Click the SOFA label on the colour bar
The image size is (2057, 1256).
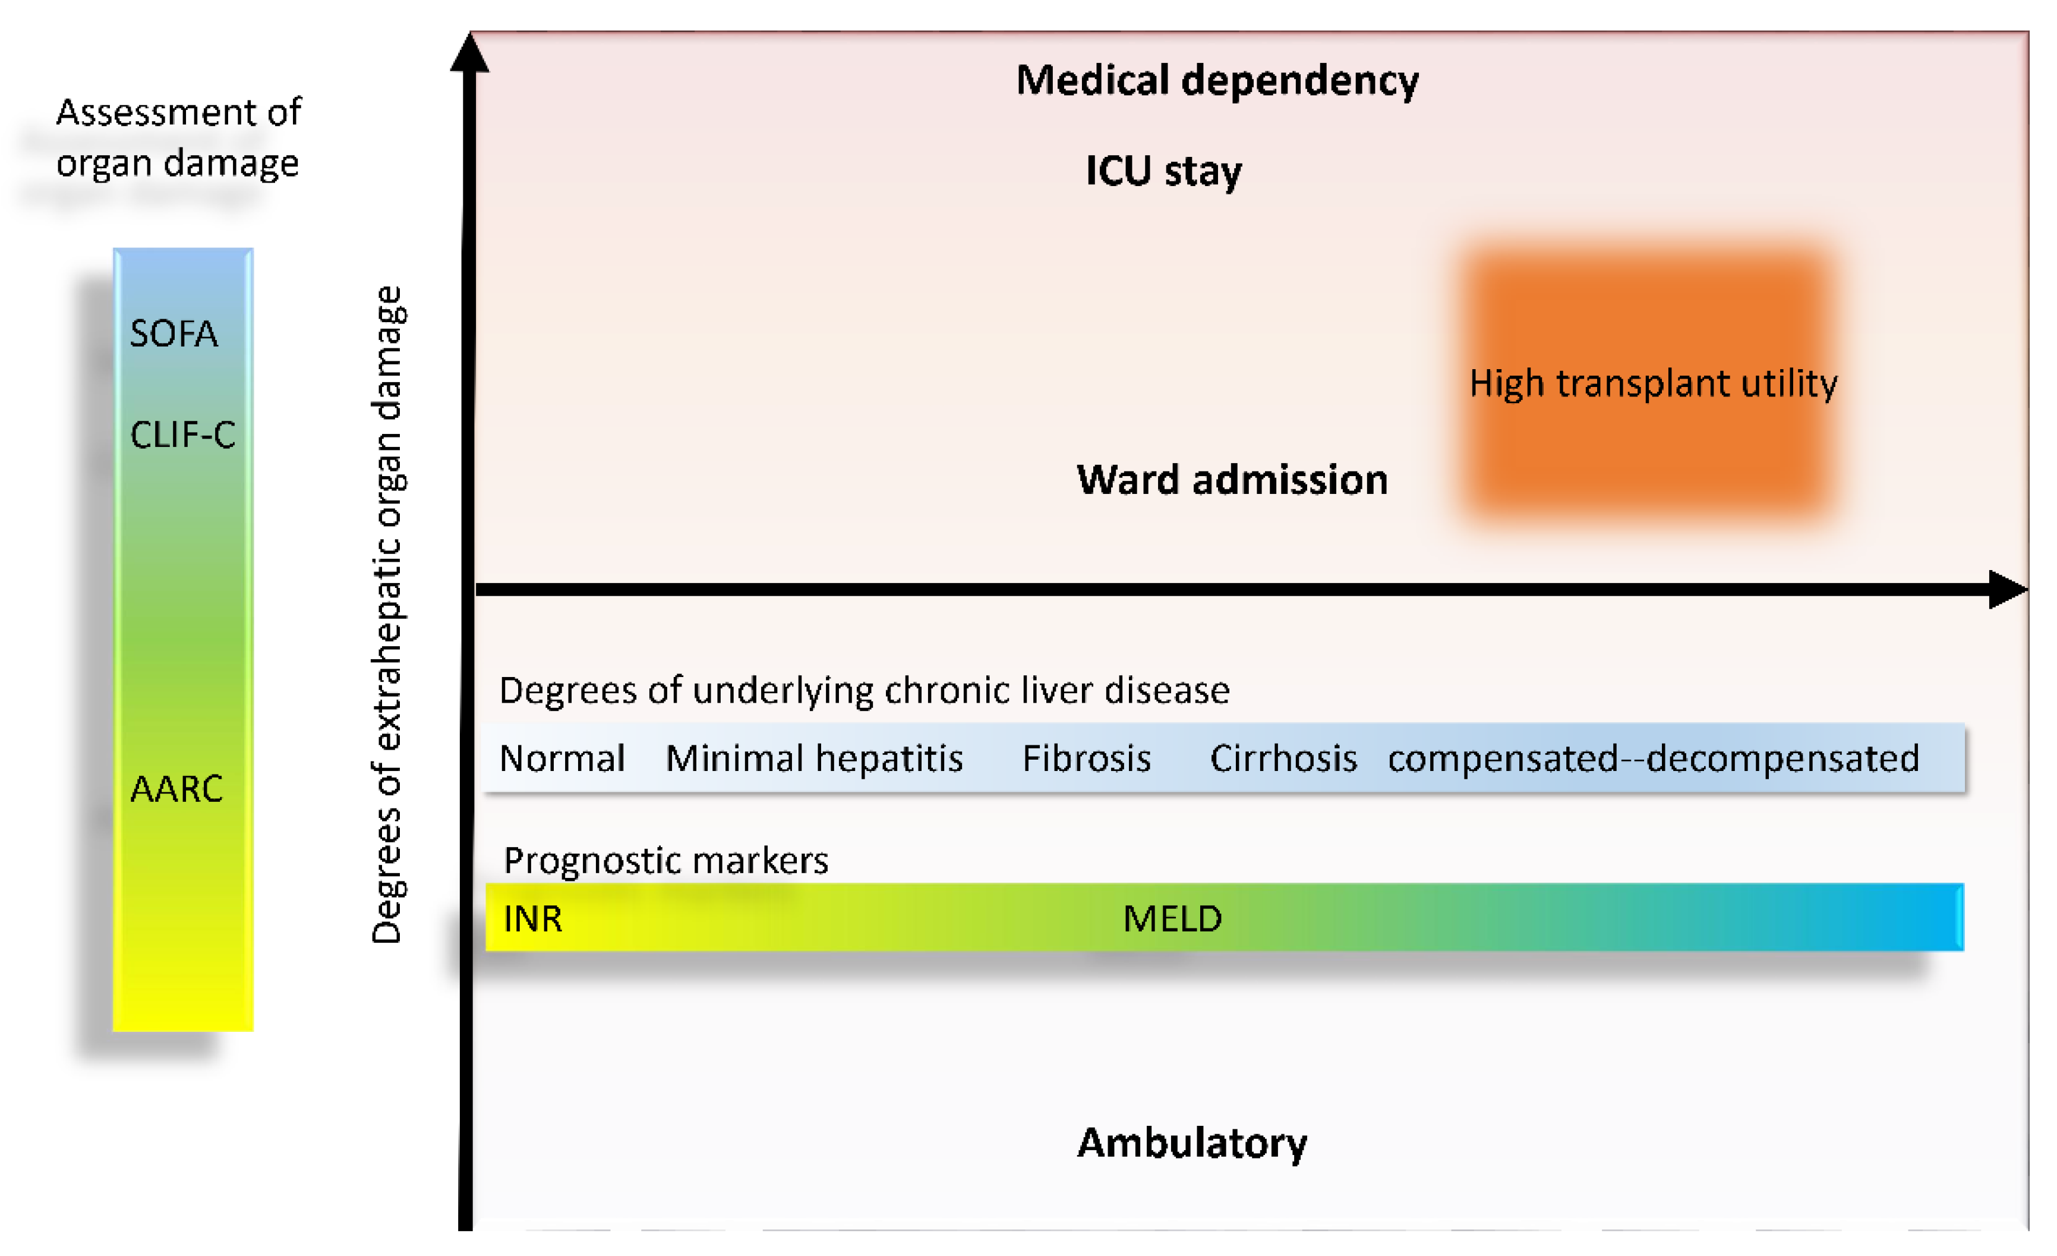click(173, 333)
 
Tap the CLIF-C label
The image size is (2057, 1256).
click(183, 435)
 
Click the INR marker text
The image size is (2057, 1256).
click(532, 918)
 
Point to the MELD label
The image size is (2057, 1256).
click(1172, 918)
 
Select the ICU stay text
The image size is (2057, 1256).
click(1163, 171)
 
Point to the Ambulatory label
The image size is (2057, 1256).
click(1192, 1142)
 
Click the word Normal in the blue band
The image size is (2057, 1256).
click(562, 758)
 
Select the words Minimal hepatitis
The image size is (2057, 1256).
click(814, 758)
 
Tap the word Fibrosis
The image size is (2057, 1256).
click(1087, 758)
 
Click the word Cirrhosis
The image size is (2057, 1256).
click(1283, 758)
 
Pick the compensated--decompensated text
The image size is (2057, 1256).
click(1653, 758)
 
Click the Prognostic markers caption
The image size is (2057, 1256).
click(665, 860)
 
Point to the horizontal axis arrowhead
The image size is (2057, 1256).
click(2007, 590)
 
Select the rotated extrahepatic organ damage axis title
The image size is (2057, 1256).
click(387, 615)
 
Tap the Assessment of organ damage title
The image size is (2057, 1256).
click(178, 137)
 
